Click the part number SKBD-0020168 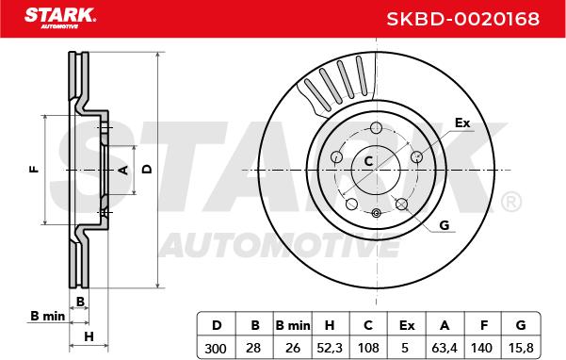(x=463, y=19)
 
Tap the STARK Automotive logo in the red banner (x=60, y=18)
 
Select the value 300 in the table (x=216, y=348)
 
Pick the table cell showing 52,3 (x=330, y=348)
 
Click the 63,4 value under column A (x=445, y=348)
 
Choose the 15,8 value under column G (x=520, y=348)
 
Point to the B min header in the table (x=292, y=325)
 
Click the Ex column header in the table (x=407, y=325)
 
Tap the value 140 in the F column (x=481, y=348)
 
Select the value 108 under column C (x=368, y=348)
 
